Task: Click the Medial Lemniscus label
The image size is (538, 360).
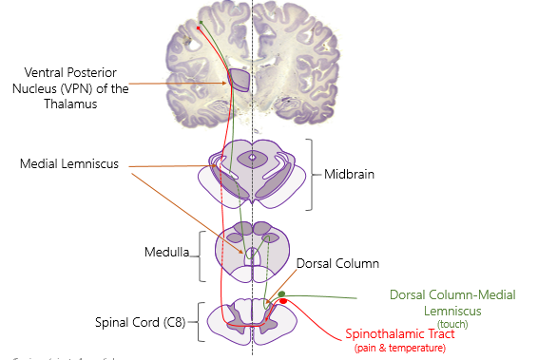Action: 69,164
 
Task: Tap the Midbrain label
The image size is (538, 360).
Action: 348,175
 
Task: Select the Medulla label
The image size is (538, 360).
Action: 167,253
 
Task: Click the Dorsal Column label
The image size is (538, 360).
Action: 337,263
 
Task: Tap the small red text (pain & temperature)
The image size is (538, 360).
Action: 399,349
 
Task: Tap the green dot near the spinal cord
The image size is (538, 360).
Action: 282,294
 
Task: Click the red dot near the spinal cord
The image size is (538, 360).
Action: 282,301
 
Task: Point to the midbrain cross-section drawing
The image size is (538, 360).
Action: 252,173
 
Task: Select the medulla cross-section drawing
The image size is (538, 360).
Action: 252,252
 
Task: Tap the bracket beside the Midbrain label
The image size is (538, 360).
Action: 311,175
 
